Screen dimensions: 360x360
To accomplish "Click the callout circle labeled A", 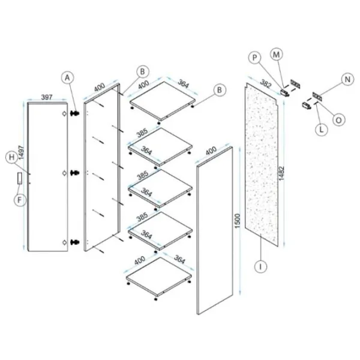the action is click(67, 78).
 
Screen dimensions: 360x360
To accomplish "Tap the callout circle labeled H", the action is click(12, 157).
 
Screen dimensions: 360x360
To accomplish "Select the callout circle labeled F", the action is click(20, 200).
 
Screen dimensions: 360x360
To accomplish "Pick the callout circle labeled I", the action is click(260, 266).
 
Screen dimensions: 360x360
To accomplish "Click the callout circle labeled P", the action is click(254, 58).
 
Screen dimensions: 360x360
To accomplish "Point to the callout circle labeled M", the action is click(276, 55).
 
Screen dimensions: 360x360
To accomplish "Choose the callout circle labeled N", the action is click(347, 79).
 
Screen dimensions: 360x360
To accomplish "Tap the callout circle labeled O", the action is click(338, 120).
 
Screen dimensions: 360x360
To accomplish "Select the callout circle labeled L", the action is click(321, 130).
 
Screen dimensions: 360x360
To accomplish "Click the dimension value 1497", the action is click(21, 152).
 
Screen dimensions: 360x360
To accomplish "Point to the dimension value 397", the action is click(47, 97).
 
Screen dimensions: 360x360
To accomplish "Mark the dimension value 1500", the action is click(237, 221).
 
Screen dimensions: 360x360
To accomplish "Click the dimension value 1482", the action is click(281, 173).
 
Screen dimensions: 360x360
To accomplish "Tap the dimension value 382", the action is click(266, 84).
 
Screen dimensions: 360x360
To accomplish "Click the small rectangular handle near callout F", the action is click(20, 178).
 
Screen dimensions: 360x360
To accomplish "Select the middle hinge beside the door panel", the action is click(74, 173).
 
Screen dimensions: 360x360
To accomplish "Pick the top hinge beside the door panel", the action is click(75, 113).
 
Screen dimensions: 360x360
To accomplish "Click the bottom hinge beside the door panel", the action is click(74, 242).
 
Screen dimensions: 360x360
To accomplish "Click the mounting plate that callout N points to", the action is click(317, 96).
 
